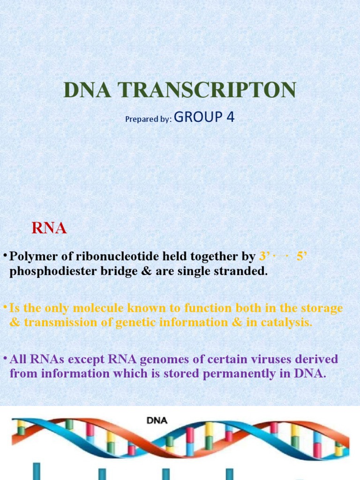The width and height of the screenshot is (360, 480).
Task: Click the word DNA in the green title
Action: coord(86,90)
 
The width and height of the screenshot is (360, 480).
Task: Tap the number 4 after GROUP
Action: coord(230,117)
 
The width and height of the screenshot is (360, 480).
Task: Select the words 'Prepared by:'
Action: coord(149,119)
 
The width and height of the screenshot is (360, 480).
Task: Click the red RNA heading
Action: coord(49,228)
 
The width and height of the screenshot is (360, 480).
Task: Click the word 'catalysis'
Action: coord(284,322)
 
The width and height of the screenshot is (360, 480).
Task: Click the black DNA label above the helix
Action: coord(157,420)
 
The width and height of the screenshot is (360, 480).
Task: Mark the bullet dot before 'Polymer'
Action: coord(4,256)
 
